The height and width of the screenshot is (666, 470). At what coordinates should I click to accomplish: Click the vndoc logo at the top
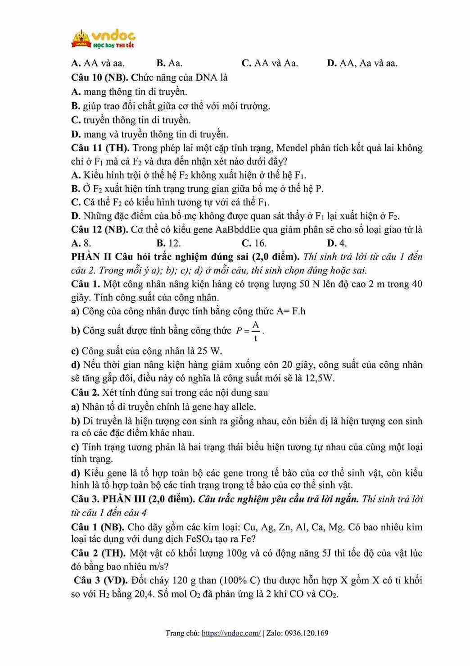(104, 39)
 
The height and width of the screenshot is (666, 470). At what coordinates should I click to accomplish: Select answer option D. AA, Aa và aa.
(362, 63)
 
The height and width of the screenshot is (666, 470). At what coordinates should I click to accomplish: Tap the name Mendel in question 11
(292, 148)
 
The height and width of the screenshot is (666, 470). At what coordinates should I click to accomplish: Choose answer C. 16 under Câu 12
(254, 243)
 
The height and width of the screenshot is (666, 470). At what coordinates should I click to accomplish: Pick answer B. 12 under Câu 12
(169, 243)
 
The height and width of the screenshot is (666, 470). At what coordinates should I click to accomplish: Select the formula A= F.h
(291, 311)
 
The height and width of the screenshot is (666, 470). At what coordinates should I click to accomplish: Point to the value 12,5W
(320, 378)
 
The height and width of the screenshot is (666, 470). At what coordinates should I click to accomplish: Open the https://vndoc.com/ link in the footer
(231, 633)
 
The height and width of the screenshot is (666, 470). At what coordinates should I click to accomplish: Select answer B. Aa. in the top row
(169, 63)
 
